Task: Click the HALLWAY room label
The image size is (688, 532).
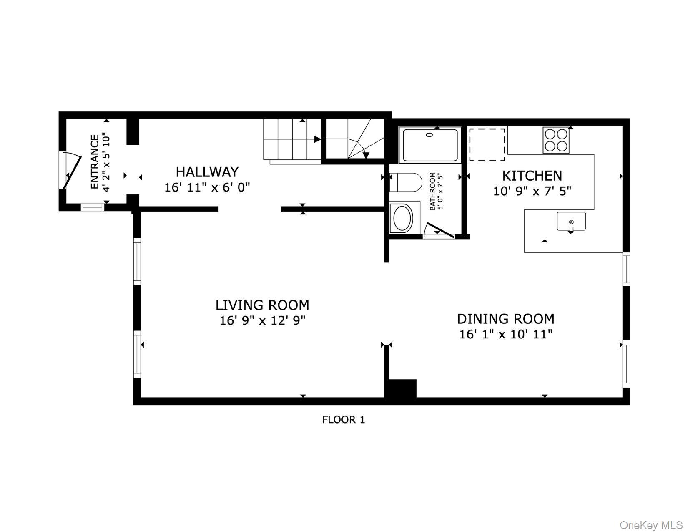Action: (207, 172)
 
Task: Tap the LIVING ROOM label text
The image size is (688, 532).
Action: (262, 305)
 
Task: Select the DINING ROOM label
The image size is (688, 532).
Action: (505, 319)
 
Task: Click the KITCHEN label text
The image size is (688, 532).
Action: (532, 176)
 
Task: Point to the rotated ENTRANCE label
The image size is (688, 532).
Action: (95, 161)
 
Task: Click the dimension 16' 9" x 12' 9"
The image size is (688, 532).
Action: (262, 321)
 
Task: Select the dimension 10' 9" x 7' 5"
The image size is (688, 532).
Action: (532, 191)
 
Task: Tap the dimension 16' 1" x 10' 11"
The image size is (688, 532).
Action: (505, 334)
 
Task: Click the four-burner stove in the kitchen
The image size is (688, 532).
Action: (556, 140)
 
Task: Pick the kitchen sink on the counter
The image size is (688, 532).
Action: (571, 222)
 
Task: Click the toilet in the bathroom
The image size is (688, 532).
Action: (407, 182)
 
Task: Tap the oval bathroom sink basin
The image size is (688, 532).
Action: (402, 218)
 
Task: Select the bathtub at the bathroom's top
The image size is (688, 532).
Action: (429, 145)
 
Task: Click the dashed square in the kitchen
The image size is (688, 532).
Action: (487, 144)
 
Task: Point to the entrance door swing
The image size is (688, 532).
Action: (72, 170)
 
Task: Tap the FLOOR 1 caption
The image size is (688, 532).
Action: (343, 420)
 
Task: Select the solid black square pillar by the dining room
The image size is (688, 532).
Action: (402, 388)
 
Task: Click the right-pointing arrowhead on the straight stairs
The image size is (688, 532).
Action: (317, 139)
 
